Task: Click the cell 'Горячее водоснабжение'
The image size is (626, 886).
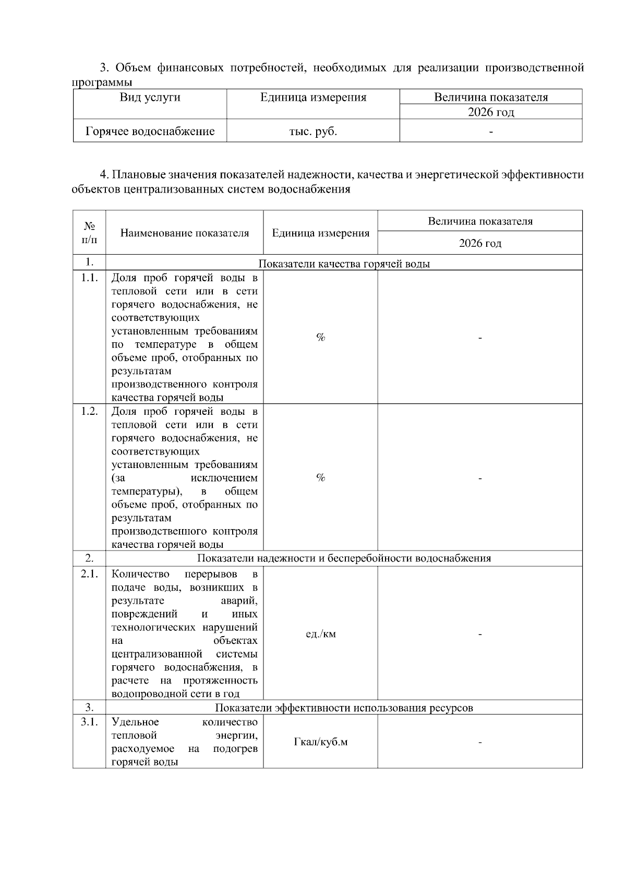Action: tap(150, 131)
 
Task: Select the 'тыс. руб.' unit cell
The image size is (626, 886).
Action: tap(313, 131)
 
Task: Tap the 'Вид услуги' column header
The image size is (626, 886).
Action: tap(150, 97)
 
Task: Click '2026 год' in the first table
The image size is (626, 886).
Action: tap(490, 112)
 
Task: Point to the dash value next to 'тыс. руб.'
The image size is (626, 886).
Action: tap(490, 132)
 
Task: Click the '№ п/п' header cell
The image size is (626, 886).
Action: tap(89, 233)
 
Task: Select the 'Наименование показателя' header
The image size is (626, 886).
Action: tap(184, 233)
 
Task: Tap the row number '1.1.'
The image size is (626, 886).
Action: tap(89, 278)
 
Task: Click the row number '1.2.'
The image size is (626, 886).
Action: tap(89, 411)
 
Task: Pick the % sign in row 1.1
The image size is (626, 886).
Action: tap(320, 338)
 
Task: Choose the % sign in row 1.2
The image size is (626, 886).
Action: tap(320, 478)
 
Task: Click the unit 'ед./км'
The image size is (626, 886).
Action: tap(320, 634)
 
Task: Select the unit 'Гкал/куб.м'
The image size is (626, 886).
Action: tap(320, 742)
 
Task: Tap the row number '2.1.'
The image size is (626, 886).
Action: tap(89, 574)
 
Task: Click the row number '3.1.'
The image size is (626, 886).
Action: tap(89, 722)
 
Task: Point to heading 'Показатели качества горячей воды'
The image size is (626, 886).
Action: tap(344, 264)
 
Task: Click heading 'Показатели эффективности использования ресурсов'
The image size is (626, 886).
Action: tap(344, 708)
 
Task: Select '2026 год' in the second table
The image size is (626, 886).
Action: tap(480, 243)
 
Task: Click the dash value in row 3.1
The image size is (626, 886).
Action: tap(480, 742)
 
